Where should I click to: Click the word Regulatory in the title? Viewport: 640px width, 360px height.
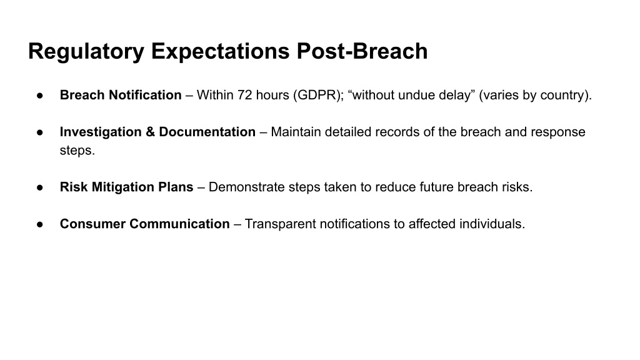(86, 52)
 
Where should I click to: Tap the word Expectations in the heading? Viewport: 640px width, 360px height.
(221, 52)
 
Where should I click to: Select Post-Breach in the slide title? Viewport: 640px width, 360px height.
(362, 51)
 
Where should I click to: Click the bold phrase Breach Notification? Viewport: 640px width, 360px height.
(121, 95)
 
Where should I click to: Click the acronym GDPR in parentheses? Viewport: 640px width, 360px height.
(318, 95)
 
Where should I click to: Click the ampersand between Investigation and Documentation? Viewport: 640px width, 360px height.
(150, 132)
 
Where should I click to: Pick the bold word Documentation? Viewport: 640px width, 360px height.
(207, 132)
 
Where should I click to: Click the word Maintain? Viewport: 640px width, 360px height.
(296, 132)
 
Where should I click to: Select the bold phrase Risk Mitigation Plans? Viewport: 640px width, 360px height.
(126, 187)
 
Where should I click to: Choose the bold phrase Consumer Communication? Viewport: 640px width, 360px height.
(145, 224)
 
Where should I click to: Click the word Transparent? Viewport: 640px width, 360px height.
(281, 224)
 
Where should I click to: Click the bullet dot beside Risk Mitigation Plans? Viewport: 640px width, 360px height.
(39, 187)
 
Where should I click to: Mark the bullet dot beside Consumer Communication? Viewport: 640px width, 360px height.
(39, 224)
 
